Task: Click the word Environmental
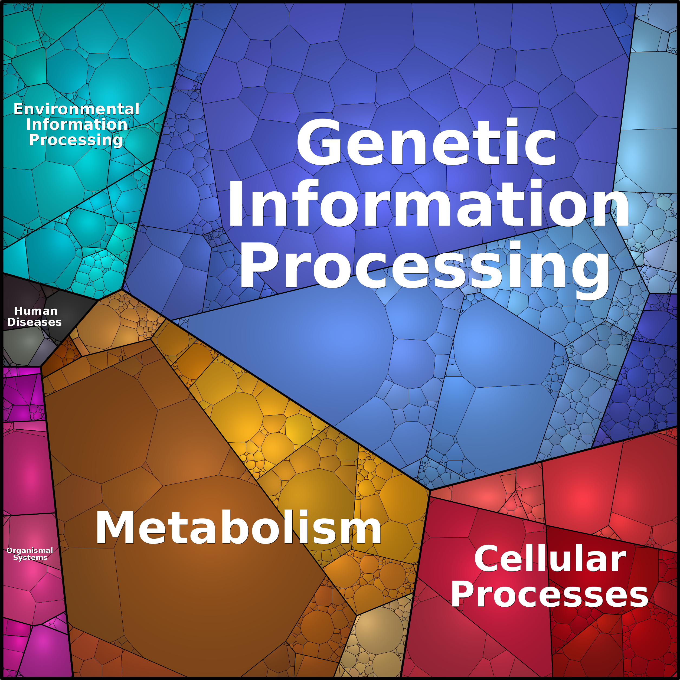click(x=76, y=109)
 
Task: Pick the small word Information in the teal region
click(x=76, y=124)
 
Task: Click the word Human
click(x=36, y=311)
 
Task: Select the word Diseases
click(x=34, y=322)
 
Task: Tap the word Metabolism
click(x=238, y=528)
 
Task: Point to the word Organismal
click(x=30, y=551)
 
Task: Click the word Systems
click(x=30, y=558)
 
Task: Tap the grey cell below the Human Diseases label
click(x=24, y=347)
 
